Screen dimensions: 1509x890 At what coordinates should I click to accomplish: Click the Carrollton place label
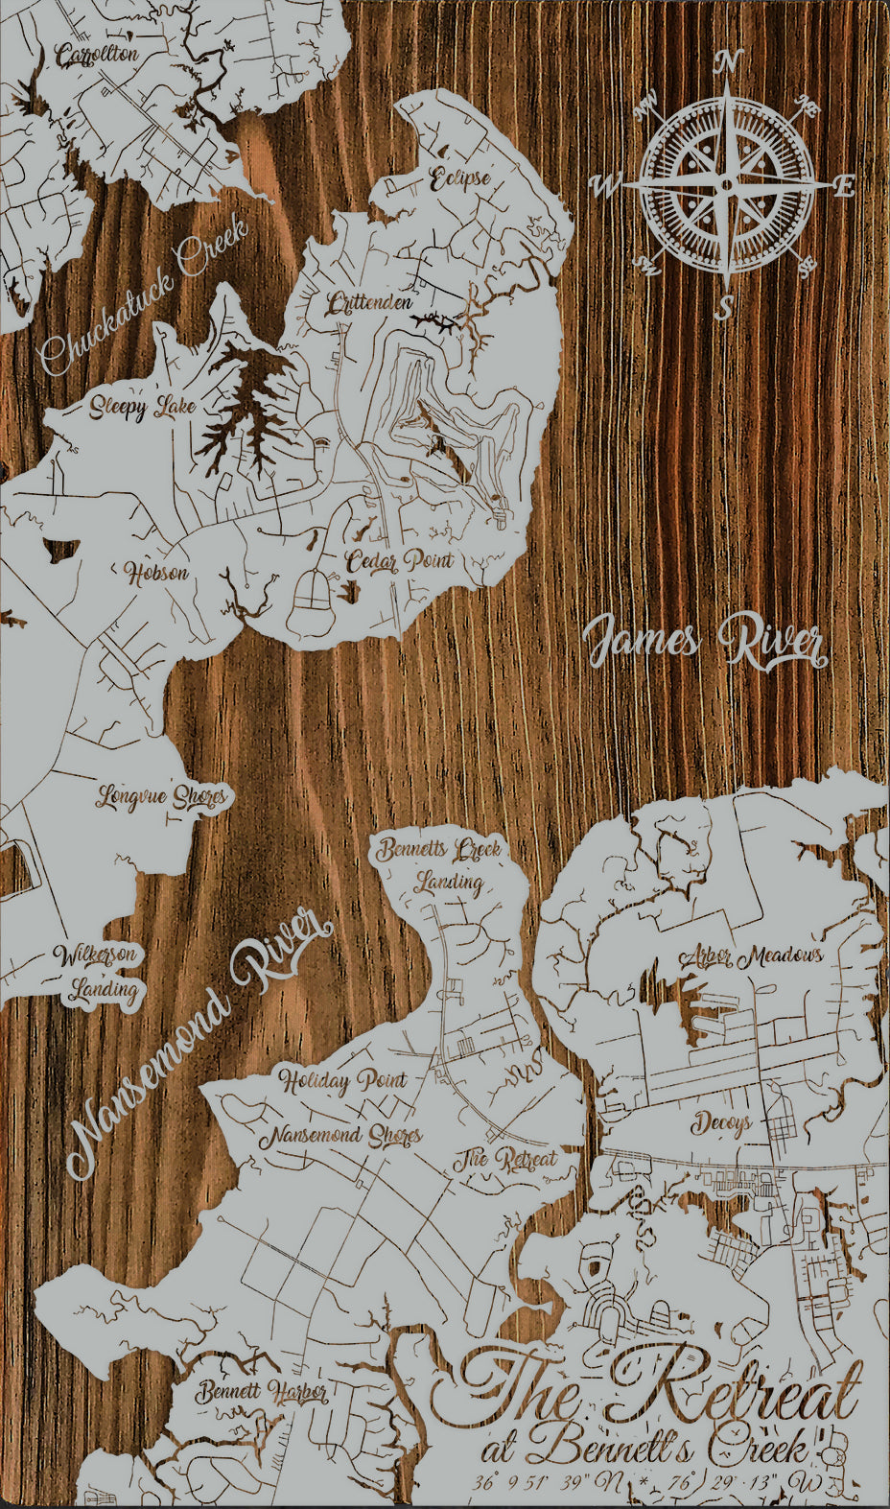tap(97, 56)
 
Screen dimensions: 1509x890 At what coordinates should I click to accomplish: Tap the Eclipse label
tap(459, 178)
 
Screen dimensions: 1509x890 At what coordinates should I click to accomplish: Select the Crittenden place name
tap(369, 305)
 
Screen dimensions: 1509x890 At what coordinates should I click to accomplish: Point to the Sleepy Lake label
tap(143, 408)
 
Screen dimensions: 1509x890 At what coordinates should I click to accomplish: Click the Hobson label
tap(157, 574)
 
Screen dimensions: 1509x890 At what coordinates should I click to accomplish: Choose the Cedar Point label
tap(400, 561)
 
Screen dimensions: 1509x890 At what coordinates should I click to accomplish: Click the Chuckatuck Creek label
tap(144, 297)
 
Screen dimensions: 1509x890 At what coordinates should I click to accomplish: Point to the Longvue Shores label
tap(162, 796)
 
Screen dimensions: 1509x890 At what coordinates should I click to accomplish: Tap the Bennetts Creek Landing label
tap(439, 864)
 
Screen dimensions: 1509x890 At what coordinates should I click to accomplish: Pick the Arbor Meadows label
tap(751, 955)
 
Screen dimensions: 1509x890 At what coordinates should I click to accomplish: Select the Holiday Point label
tap(342, 1081)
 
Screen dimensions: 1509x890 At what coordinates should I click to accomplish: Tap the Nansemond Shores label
tap(341, 1136)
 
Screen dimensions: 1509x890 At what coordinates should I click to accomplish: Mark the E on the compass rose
tap(844, 187)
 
